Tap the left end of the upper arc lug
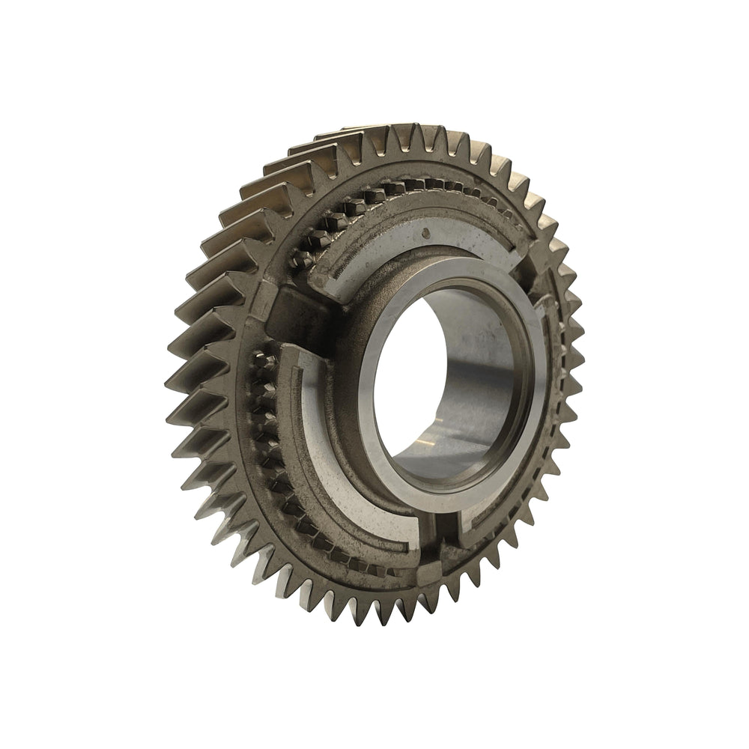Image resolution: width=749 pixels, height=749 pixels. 322,281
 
